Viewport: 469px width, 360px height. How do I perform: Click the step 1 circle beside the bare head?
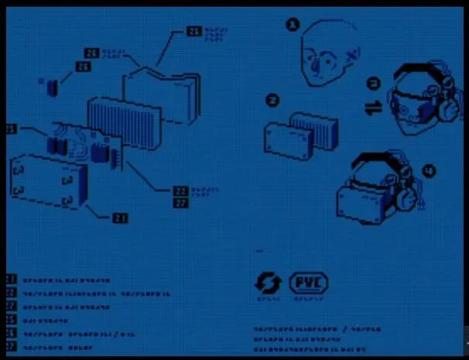(x=292, y=25)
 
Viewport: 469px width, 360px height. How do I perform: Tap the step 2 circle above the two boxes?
(x=272, y=99)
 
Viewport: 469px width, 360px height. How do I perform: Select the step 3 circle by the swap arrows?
(x=372, y=82)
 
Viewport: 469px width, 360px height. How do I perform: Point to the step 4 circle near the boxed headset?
(x=429, y=171)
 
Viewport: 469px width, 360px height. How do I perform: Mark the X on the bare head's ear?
(x=351, y=53)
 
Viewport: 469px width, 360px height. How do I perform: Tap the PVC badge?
(x=308, y=283)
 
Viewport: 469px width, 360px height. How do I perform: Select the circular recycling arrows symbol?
(x=268, y=283)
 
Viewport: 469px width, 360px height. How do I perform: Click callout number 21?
(x=119, y=218)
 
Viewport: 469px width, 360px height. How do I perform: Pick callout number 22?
(x=180, y=190)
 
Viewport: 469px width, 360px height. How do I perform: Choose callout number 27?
(x=180, y=203)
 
